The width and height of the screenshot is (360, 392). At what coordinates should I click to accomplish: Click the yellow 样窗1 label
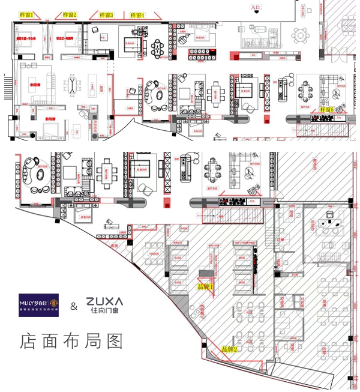pyautogui.click(x=27, y=14)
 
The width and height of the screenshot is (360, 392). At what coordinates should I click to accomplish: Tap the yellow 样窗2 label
pyautogui.click(x=71, y=14)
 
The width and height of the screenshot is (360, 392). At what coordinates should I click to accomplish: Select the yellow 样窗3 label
pyautogui.click(x=106, y=14)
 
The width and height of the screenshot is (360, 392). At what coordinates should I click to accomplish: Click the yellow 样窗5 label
pyautogui.click(x=326, y=110)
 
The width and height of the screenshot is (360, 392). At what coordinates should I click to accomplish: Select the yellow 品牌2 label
pyautogui.click(x=230, y=349)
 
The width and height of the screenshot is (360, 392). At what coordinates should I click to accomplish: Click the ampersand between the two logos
pyautogui.click(x=74, y=307)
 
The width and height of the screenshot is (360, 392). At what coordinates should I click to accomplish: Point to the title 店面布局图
pyautogui.click(x=71, y=341)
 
